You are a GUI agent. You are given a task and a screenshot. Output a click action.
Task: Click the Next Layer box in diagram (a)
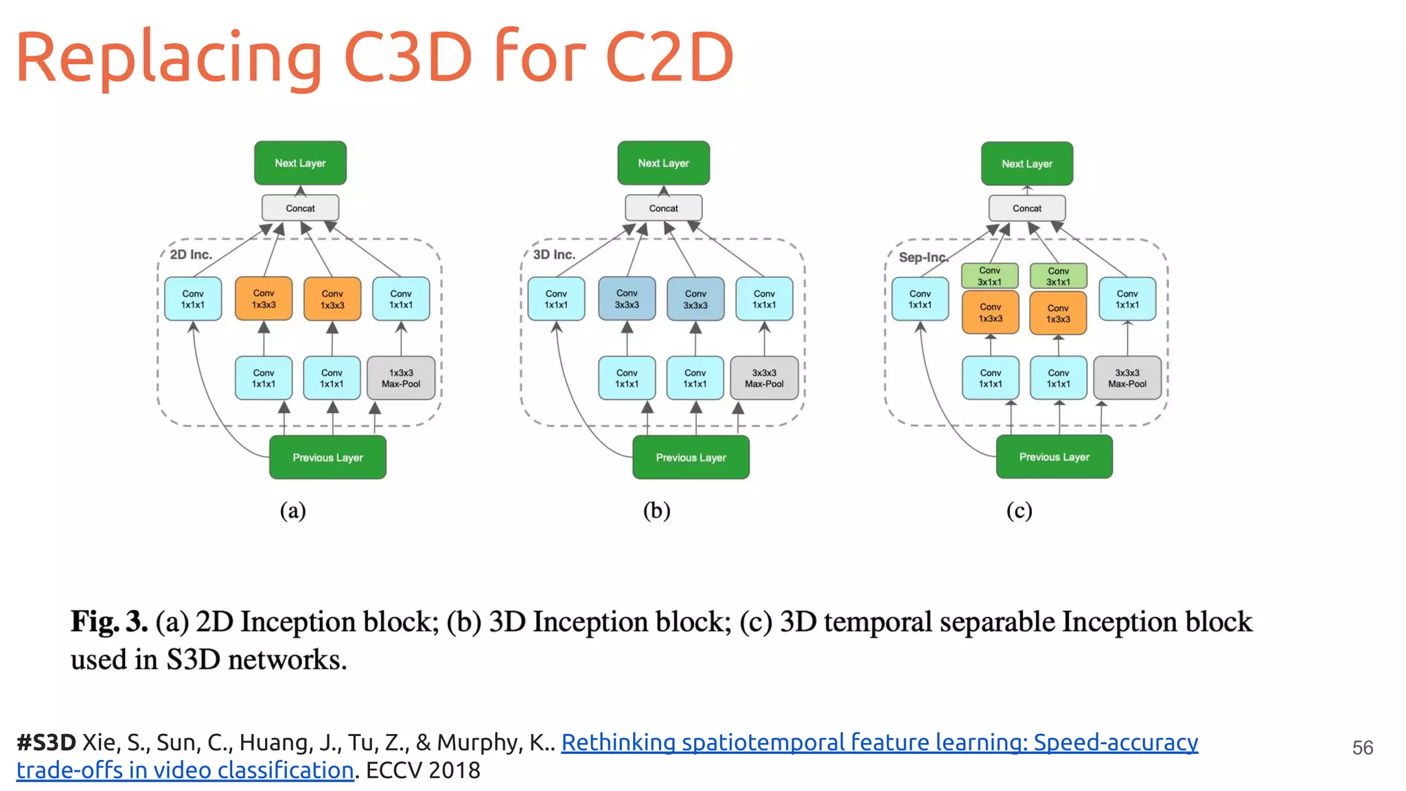[300, 163]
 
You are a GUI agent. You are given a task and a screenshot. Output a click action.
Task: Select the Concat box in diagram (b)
[663, 208]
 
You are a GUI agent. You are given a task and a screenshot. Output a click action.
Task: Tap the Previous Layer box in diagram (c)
[1054, 457]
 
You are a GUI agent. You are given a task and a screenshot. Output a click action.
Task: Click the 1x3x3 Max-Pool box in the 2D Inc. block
[401, 378]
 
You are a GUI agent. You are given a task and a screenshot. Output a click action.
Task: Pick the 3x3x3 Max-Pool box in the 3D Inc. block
[764, 378]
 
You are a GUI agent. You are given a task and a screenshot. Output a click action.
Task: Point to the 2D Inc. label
[191, 255]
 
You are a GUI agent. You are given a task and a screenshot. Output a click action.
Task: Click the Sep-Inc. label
[923, 257]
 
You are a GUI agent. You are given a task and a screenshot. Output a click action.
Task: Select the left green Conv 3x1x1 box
[989, 276]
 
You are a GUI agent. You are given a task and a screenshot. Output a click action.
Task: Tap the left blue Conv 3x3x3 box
[627, 299]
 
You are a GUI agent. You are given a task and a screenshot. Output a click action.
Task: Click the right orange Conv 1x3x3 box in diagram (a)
[332, 299]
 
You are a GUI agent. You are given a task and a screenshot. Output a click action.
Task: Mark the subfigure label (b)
[656, 511]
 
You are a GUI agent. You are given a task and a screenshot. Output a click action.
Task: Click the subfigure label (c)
[1019, 511]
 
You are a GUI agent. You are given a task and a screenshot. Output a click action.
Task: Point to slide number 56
[1362, 748]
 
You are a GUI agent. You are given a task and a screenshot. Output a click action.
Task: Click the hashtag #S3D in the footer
[46, 743]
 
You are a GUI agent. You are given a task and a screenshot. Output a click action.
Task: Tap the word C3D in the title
[408, 58]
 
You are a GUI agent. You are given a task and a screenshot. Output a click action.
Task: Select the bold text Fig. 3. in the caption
[109, 622]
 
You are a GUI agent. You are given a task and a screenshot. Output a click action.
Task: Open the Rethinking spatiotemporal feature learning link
[879, 743]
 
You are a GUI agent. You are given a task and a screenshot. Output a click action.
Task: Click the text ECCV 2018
[423, 770]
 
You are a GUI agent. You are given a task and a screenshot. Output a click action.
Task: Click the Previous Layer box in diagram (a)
[327, 458]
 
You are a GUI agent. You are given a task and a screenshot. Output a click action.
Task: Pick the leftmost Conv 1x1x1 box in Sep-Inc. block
[920, 299]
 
